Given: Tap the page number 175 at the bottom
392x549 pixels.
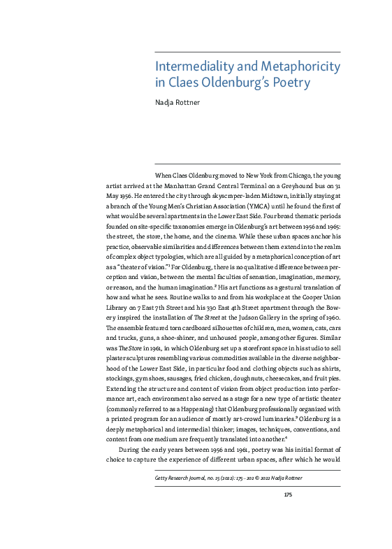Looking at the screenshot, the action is (x=288, y=494).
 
